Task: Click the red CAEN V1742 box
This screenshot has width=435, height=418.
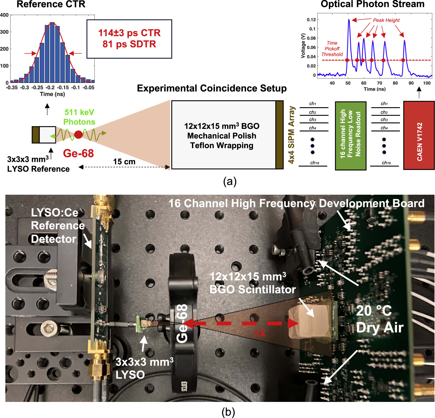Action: pyautogui.click(x=419, y=135)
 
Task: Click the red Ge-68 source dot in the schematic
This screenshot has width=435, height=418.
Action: pyautogui.click(x=78, y=134)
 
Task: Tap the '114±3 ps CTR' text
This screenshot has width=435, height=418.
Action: pyautogui.click(x=129, y=33)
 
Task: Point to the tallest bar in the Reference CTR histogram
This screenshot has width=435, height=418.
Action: pyautogui.click(x=52, y=52)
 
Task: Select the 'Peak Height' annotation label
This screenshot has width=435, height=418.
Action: pyautogui.click(x=386, y=20)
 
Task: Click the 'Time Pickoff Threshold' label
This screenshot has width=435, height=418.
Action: pyautogui.click(x=332, y=49)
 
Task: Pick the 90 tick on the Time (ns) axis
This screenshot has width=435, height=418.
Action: pyautogui.click(x=411, y=83)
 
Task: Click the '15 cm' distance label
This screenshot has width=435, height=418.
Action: pyautogui.click(x=124, y=162)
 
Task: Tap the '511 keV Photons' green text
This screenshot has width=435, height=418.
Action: pyautogui.click(x=79, y=117)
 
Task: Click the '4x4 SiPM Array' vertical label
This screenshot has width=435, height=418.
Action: pyautogui.click(x=291, y=135)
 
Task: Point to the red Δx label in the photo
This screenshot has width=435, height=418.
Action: pyautogui.click(x=259, y=333)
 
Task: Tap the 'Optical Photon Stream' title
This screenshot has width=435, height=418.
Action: pyautogui.click(x=372, y=4)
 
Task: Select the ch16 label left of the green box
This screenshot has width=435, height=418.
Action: pyautogui.click(x=315, y=163)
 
